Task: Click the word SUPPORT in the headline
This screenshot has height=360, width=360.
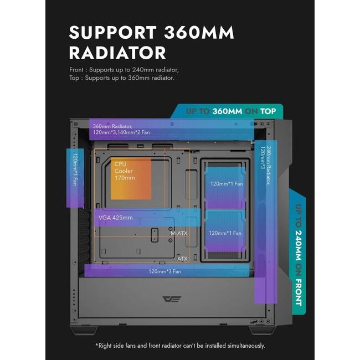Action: (113, 32)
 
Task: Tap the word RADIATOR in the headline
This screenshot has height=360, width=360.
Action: (117, 53)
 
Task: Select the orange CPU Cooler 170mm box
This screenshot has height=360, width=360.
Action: (131, 178)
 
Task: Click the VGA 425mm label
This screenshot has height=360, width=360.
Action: (116, 218)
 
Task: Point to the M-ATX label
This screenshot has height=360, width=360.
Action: (179, 233)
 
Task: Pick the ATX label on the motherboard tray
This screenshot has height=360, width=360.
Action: (183, 259)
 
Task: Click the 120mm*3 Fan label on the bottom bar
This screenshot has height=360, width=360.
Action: (165, 271)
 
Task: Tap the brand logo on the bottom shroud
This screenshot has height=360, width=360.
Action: (172, 299)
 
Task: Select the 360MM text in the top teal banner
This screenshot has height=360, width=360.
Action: (227, 111)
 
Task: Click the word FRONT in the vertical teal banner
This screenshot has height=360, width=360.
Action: (299, 292)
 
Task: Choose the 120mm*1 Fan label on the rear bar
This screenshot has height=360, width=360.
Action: (75, 169)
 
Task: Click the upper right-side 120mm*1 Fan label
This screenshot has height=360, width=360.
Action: (227, 184)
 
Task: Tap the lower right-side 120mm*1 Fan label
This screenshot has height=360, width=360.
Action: (225, 233)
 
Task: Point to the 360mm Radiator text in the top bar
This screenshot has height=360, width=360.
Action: (112, 126)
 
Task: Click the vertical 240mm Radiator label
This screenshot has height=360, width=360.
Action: (269, 166)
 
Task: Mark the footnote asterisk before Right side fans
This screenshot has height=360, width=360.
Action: (97, 344)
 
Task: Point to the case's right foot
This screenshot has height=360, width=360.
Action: (263, 330)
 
